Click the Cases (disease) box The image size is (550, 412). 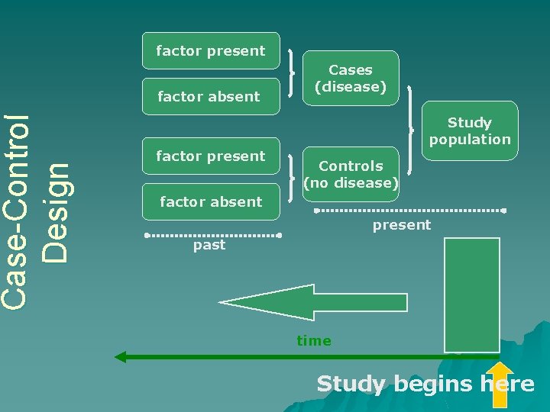pyautogui.click(x=351, y=78)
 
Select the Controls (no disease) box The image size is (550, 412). pyautogui.click(x=351, y=174)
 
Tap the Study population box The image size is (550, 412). pyautogui.click(x=469, y=130)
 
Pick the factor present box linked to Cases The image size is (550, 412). pyautogui.click(x=211, y=51)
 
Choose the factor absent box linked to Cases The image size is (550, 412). pyautogui.click(x=211, y=96)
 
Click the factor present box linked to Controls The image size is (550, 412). pyautogui.click(x=211, y=156)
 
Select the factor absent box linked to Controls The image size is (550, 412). pyautogui.click(x=211, y=201)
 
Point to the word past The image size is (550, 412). pyautogui.click(x=209, y=245)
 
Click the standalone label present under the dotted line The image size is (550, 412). pyautogui.click(x=402, y=225)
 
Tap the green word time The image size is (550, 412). pyautogui.click(x=314, y=341)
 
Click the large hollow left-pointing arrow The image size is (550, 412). pyautogui.click(x=313, y=302)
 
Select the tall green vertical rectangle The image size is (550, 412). pyautogui.click(x=472, y=295)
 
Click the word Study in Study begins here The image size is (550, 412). pyautogui.click(x=351, y=383)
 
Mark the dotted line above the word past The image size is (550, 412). pyautogui.click(x=213, y=235)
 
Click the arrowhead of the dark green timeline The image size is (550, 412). pyautogui.click(x=121, y=356)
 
